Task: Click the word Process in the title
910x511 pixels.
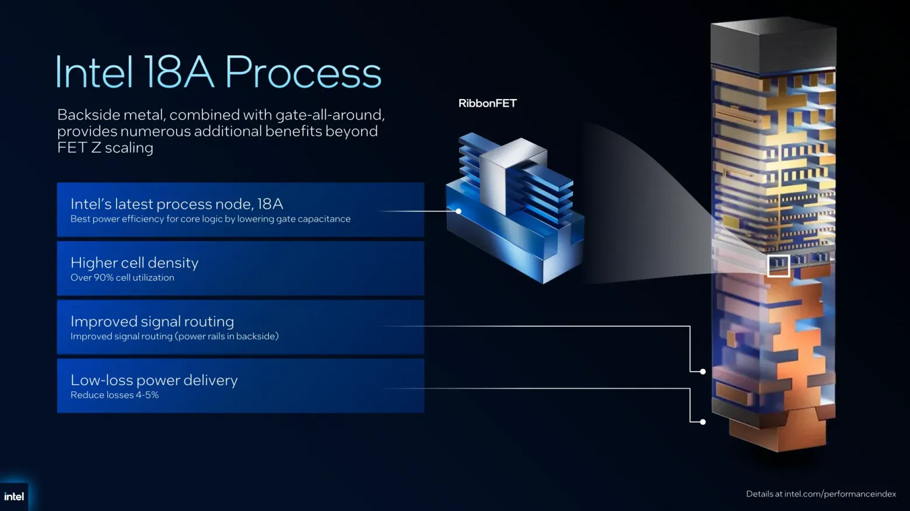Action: tap(303, 72)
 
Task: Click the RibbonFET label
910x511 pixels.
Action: tap(488, 103)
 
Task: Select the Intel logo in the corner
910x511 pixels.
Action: tap(14, 496)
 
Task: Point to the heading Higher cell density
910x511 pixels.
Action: tap(135, 263)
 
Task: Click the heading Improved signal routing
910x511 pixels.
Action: tap(152, 322)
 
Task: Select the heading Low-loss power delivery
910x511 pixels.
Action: tap(154, 380)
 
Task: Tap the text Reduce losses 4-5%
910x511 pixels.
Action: tap(114, 395)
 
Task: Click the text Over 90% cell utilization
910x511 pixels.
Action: tap(123, 277)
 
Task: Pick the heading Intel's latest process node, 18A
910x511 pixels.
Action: tap(177, 204)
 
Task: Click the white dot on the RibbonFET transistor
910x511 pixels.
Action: tap(459, 211)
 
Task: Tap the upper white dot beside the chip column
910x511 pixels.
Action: tap(703, 371)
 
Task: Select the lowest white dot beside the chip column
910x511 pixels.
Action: tap(703, 422)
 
